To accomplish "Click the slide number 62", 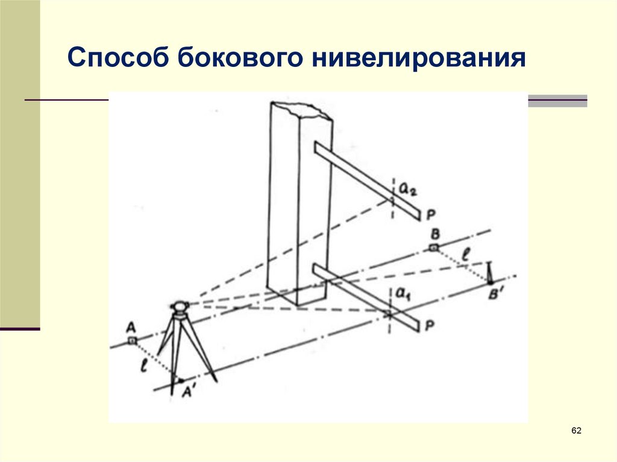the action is pyautogui.click(x=576, y=431).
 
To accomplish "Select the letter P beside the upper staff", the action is pyautogui.click(x=431, y=214).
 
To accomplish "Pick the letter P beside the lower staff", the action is pyautogui.click(x=431, y=326).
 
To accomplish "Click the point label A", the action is pyautogui.click(x=130, y=327).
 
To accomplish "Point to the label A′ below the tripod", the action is pyautogui.click(x=188, y=391).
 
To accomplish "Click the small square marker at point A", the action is pyautogui.click(x=132, y=341).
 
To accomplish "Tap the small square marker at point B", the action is pyautogui.click(x=434, y=247).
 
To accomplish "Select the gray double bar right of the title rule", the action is pyautogui.click(x=557, y=101).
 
